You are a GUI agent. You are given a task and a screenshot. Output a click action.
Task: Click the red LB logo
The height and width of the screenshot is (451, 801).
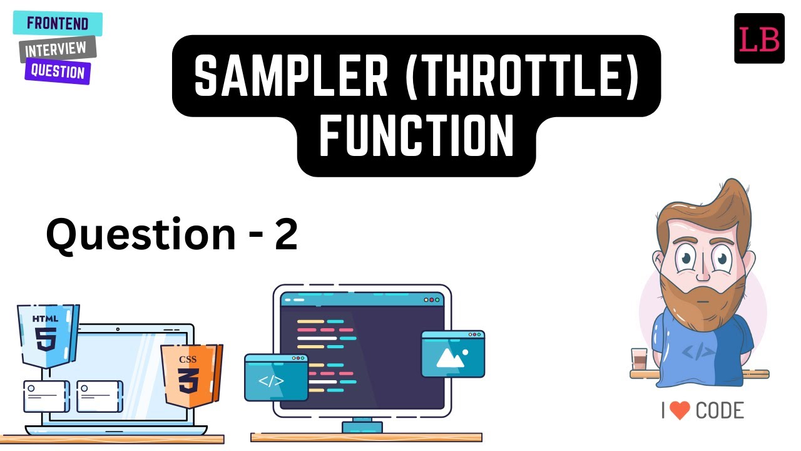coord(759,39)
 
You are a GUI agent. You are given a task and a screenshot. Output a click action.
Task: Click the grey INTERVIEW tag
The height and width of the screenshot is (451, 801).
coord(57,48)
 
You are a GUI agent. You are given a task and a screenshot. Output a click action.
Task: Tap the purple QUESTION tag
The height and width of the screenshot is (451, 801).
coord(58,71)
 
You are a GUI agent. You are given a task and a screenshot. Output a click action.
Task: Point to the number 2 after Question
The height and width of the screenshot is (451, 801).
coord(285,235)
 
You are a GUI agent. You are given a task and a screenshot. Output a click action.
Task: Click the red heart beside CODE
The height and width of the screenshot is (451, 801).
coord(679,411)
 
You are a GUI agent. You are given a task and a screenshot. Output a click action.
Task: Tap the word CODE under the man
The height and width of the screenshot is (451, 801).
coord(720,411)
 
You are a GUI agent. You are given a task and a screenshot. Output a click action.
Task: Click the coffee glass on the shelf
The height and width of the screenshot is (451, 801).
coord(639,360)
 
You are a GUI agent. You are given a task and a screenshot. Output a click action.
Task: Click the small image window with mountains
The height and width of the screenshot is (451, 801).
coord(453,354)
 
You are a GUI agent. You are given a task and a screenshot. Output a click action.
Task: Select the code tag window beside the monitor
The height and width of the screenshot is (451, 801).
coord(275,377)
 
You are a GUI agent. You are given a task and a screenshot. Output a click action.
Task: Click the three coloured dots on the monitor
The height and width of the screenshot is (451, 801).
coord(432,300)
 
